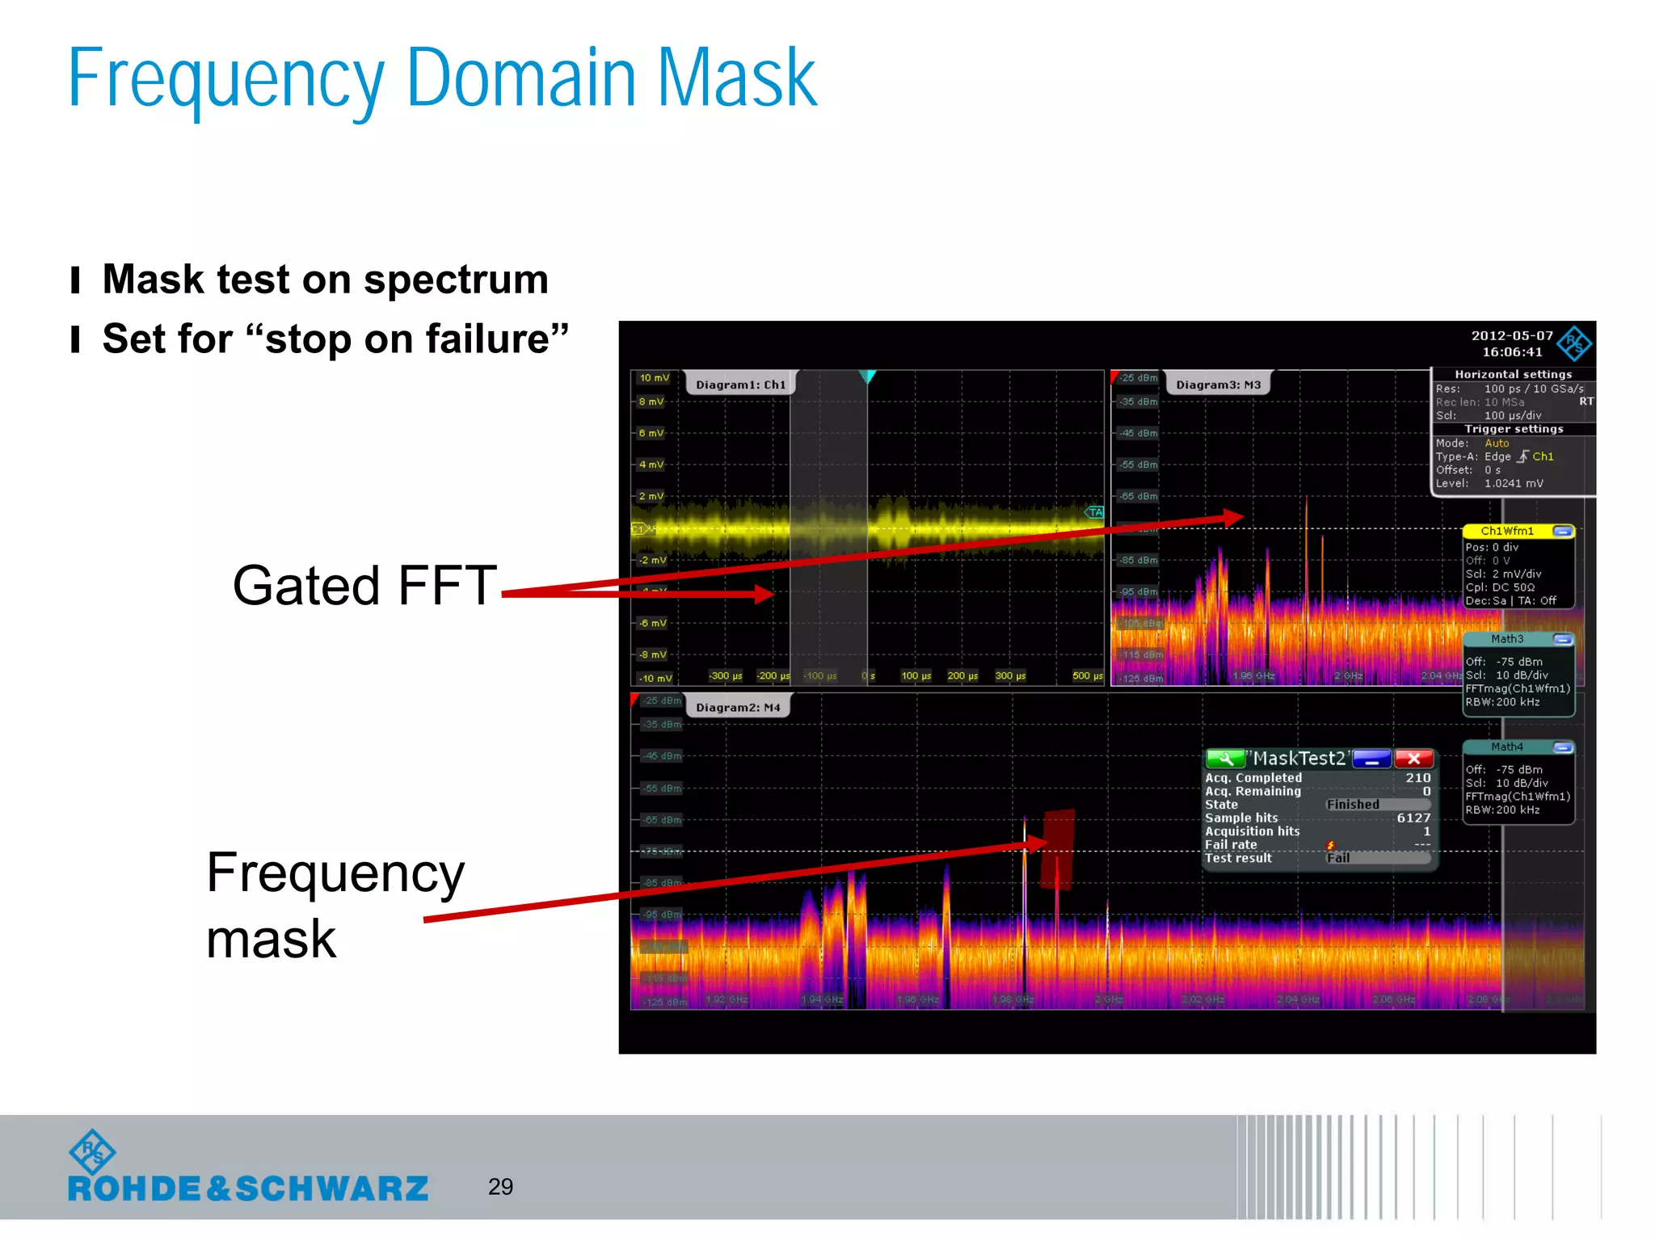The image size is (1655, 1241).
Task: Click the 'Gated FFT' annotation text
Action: coord(364,585)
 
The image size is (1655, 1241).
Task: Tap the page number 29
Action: coord(500,1186)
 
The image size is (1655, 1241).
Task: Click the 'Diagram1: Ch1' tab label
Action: coord(740,385)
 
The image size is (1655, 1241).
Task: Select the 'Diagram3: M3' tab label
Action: coord(1218,385)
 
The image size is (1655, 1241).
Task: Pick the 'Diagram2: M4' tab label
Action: coord(738,707)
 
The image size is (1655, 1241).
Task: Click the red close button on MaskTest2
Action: coord(1413,759)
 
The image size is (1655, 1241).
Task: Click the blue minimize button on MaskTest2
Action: coord(1371,759)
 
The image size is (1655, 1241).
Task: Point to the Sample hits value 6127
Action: coord(1413,818)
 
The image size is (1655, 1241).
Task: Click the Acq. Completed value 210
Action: coord(1417,777)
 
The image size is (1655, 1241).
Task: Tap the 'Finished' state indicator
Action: coord(1354,805)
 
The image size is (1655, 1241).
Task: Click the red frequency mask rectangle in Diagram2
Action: coord(1057,848)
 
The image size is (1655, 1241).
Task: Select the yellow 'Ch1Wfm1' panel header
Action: coord(1507,531)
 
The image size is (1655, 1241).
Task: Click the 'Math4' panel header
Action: coord(1507,747)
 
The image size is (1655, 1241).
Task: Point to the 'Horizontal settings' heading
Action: coord(1513,374)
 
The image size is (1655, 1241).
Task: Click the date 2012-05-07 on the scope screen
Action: coord(1512,335)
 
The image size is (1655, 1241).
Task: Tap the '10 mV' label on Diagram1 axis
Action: coord(654,378)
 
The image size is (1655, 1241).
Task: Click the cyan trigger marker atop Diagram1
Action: coord(868,377)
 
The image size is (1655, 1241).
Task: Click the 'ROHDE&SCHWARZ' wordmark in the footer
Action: coord(248,1188)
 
